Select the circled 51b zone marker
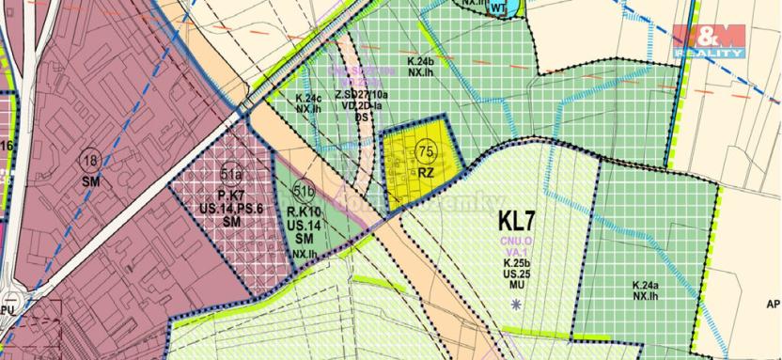(x=303, y=187)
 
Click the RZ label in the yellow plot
(x=426, y=173)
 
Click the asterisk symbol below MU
(x=516, y=303)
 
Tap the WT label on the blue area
(x=498, y=8)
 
